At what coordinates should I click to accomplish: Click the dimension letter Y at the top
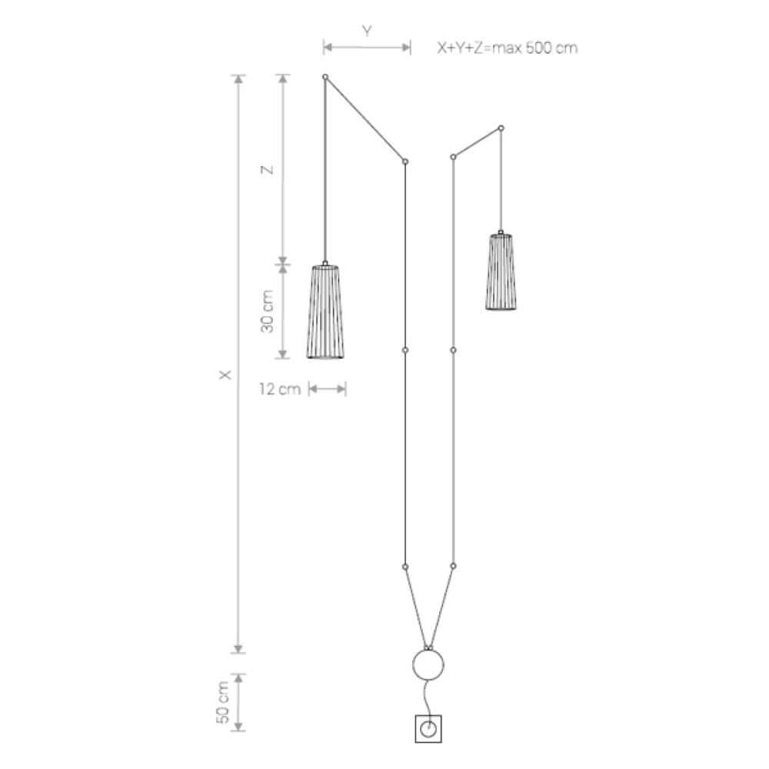(x=367, y=32)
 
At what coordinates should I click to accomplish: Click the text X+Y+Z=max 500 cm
(x=508, y=48)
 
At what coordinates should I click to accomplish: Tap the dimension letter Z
(x=268, y=170)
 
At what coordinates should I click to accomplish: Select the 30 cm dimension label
(x=268, y=311)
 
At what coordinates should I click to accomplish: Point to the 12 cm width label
(x=280, y=389)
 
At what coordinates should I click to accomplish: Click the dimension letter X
(x=225, y=375)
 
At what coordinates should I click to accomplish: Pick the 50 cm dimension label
(x=223, y=702)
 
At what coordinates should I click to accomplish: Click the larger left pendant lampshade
(x=325, y=312)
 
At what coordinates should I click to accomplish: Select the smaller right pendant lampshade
(x=501, y=271)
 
